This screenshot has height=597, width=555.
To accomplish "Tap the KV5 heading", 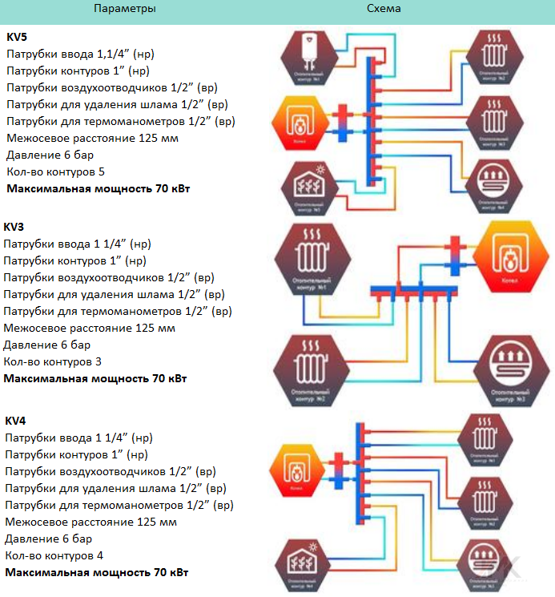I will [x=17, y=37].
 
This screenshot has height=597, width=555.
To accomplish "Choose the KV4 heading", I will [x=16, y=421].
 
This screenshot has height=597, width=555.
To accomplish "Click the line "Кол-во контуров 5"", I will [x=55, y=171].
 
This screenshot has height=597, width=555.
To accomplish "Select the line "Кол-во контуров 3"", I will [x=52, y=361].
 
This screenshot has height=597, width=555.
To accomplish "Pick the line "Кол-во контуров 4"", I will [x=54, y=555].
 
